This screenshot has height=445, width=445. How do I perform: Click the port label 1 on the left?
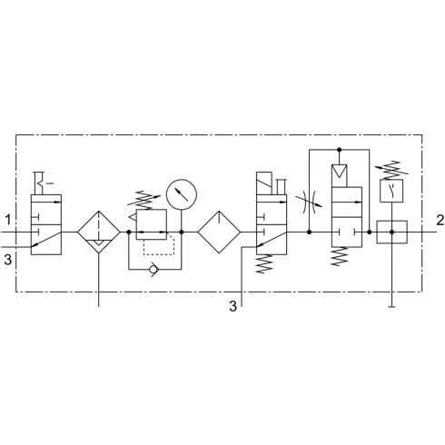(x=7, y=220)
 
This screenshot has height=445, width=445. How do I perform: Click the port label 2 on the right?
(x=440, y=220)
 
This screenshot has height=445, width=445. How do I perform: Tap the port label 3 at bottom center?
(x=232, y=306)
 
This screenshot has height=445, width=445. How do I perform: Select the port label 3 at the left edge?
(x=7, y=260)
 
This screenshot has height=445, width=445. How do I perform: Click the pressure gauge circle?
(x=182, y=194)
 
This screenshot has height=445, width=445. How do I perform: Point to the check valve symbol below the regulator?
(x=153, y=269)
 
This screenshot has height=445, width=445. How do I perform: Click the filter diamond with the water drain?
(x=99, y=232)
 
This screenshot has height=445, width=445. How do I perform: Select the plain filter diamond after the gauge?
(x=219, y=232)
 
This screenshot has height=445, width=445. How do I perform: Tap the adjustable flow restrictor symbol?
(x=309, y=202)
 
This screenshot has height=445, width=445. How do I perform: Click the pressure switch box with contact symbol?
(x=391, y=191)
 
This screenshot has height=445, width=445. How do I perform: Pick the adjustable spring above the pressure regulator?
(x=144, y=200)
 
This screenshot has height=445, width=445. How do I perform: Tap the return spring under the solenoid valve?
(x=264, y=264)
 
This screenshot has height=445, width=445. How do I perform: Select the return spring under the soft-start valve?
(x=339, y=256)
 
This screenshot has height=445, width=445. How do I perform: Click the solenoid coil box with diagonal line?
(x=264, y=183)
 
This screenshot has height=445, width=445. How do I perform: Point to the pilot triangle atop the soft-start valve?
(x=339, y=172)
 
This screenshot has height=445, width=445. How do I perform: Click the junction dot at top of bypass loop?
(x=339, y=150)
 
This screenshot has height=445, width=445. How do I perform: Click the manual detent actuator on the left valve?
(x=43, y=183)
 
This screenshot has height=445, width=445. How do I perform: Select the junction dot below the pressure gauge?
(x=182, y=232)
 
